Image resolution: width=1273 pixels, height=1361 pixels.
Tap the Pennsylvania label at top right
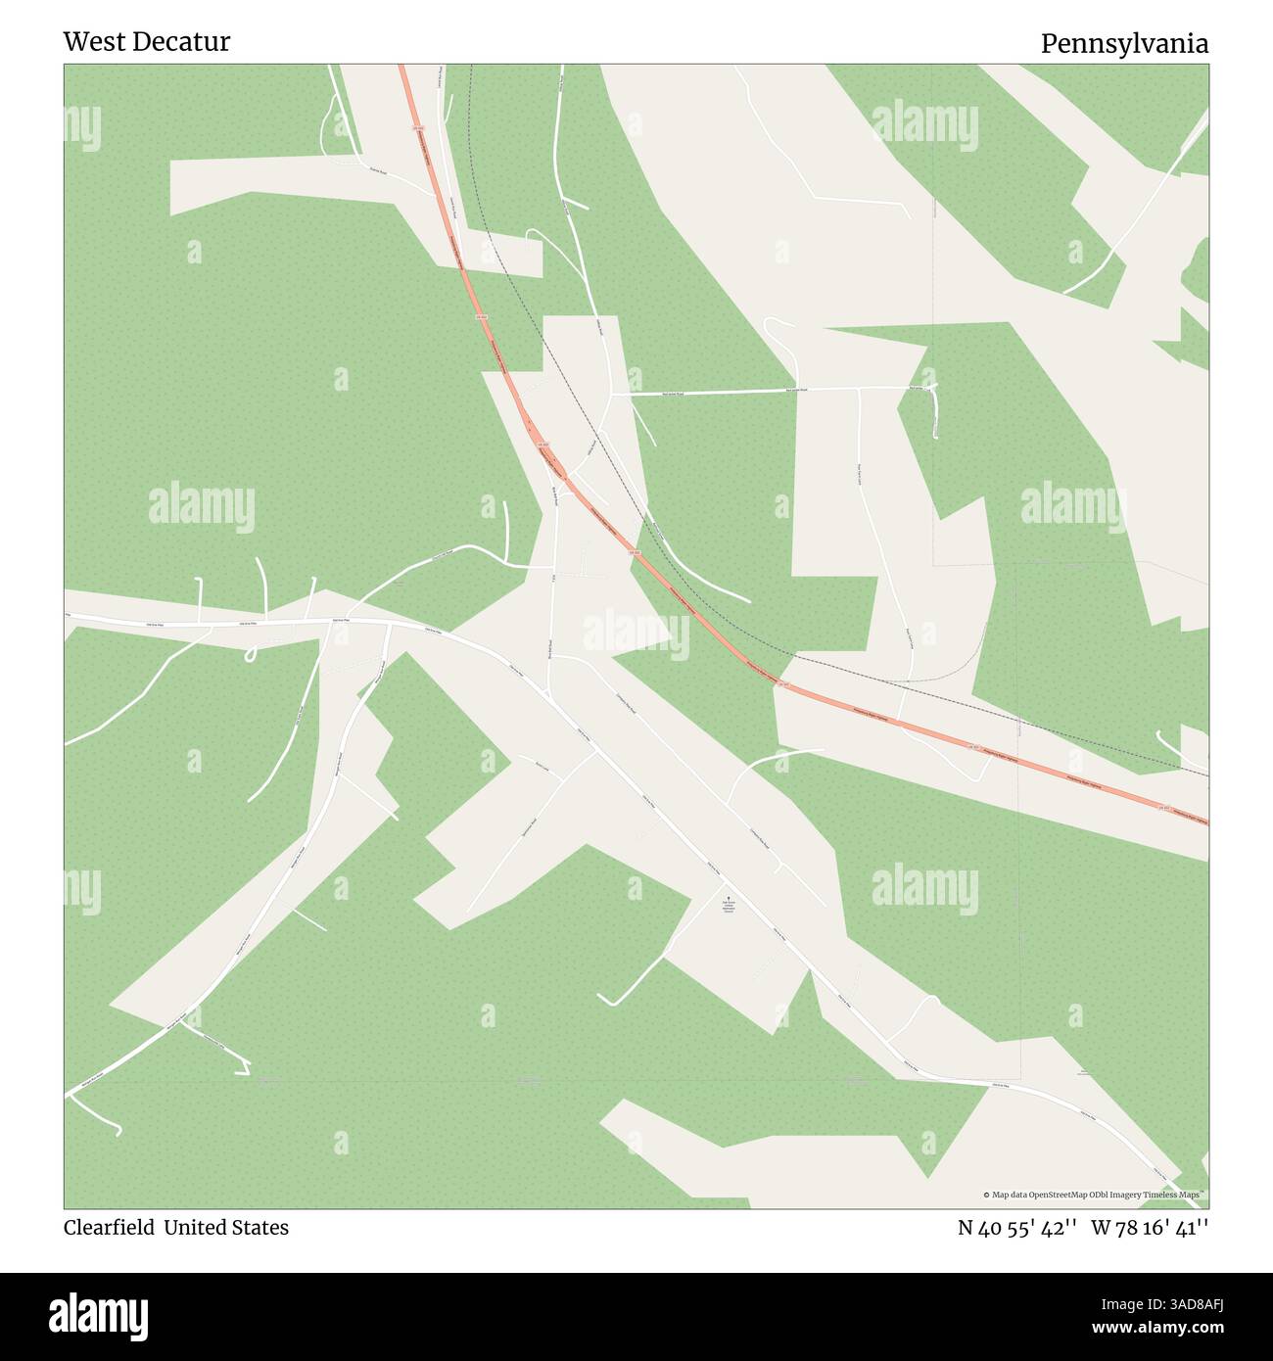coord(1123,44)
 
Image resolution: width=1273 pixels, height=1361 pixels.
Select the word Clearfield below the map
coord(109,1228)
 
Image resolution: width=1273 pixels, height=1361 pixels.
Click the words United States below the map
coord(226,1228)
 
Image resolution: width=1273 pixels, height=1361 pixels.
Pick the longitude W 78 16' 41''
coord(1150,1228)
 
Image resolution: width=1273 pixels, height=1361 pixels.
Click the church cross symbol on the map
coord(728,895)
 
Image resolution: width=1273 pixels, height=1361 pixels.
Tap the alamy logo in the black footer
coord(99,1315)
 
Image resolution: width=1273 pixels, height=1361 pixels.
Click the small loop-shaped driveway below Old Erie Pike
coord(252,653)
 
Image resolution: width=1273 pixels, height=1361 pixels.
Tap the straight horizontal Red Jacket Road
coord(764,392)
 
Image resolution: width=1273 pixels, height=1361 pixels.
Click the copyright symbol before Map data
coord(987,1195)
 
